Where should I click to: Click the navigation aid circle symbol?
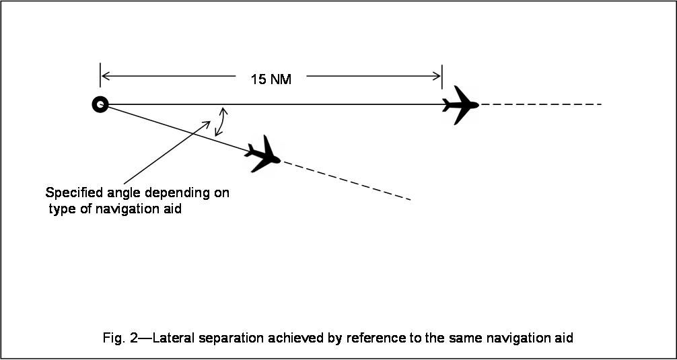100,104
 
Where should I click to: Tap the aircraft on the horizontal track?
460,105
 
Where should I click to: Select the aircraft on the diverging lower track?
262,154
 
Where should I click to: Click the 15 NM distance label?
271,79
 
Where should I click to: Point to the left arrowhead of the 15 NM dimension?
104,76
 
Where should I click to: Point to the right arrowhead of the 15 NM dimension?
438,76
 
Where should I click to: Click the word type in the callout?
61,209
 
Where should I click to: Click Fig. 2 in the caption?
118,338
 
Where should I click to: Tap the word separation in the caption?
229,338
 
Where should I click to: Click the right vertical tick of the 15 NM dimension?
442,76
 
